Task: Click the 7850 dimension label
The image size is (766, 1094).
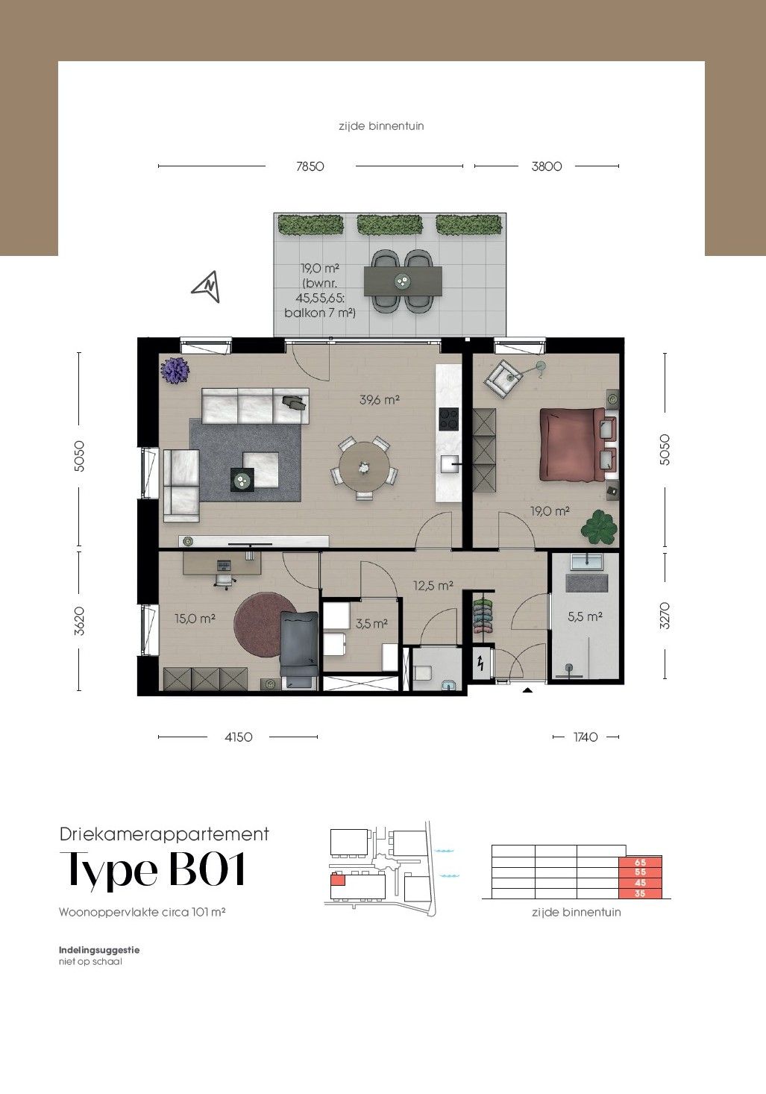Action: pyautogui.click(x=310, y=166)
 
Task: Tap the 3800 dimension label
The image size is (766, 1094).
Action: pyautogui.click(x=546, y=166)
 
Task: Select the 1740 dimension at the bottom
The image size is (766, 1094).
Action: pyautogui.click(x=586, y=737)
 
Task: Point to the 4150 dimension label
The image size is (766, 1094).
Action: pyautogui.click(x=238, y=737)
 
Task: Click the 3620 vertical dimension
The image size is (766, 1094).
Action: pyautogui.click(x=79, y=621)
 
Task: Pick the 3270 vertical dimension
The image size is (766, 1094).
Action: pyautogui.click(x=665, y=616)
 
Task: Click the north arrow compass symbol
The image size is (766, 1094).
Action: pyautogui.click(x=206, y=287)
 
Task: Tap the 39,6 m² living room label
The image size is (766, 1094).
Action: pyautogui.click(x=380, y=400)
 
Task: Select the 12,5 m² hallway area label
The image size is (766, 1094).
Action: pyautogui.click(x=433, y=585)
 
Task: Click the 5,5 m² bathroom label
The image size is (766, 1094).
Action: pyautogui.click(x=585, y=616)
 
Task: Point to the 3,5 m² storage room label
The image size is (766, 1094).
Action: pyautogui.click(x=371, y=624)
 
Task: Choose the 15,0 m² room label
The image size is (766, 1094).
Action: pyautogui.click(x=195, y=619)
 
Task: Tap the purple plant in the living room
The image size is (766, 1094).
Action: pyautogui.click(x=175, y=370)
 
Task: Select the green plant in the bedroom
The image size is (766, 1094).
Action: pyautogui.click(x=598, y=527)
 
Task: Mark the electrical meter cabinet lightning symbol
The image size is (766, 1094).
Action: pyautogui.click(x=480, y=663)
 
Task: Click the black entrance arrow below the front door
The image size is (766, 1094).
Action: pyautogui.click(x=527, y=690)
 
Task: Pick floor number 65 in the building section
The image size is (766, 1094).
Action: pyautogui.click(x=640, y=863)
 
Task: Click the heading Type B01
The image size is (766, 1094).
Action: pyautogui.click(x=152, y=871)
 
